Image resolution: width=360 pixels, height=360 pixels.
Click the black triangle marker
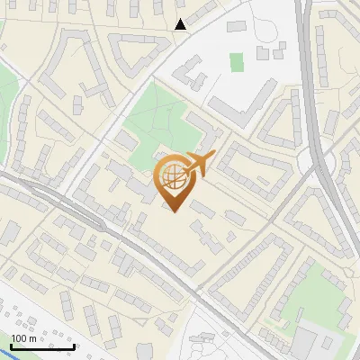(181, 24)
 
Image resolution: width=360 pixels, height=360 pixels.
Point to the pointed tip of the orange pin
(174, 211)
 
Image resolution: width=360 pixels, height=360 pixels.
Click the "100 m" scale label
(24, 338)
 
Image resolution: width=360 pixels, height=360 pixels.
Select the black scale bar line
(42, 346)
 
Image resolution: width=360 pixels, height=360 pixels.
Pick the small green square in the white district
(237, 62)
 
